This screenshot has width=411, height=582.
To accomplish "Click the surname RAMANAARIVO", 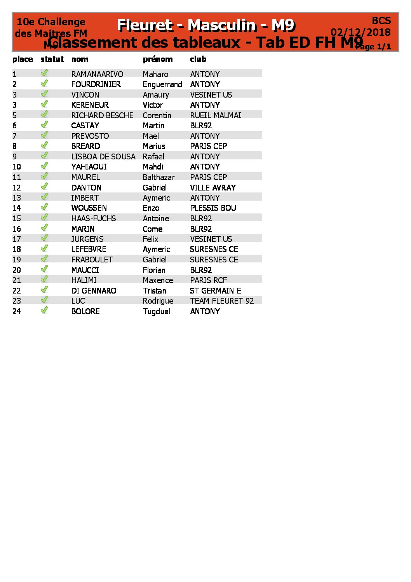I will pos(97,74).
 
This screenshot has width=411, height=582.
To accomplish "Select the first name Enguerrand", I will pos(162,84).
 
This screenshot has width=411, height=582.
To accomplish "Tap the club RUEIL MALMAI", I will pos(215,115).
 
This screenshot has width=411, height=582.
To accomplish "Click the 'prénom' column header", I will pos(158,59).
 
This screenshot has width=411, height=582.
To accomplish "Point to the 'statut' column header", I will pos(52,59).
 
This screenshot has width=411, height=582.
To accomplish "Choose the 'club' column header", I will pos(198,59).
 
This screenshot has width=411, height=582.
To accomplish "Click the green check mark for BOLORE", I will pos(45,310).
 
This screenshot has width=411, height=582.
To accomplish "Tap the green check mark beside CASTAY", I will pos(45,124).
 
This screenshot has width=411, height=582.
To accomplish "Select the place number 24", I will pos(16,311).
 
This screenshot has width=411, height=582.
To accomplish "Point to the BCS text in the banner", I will pos(381,21).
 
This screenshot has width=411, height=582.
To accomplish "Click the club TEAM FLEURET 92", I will pos(222,301).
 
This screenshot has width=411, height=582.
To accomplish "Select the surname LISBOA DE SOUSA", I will pos(103,157).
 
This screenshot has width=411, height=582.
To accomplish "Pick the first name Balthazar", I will pos(158,177).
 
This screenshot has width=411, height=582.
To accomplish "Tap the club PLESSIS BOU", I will pos(213,208).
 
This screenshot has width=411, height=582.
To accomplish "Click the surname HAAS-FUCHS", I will pos(94,218).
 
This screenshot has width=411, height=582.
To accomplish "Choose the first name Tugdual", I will pos(157,311).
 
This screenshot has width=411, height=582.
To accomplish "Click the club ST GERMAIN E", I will pos(215,291).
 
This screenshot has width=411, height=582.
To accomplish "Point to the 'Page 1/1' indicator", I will pos(374,47).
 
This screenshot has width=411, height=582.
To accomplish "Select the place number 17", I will pos(16,239).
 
